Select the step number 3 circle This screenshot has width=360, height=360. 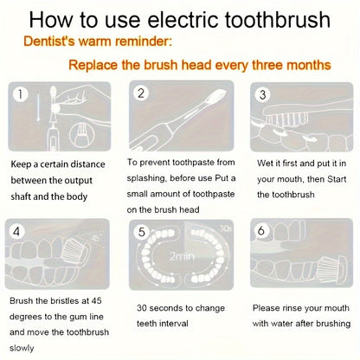click(260, 93)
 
